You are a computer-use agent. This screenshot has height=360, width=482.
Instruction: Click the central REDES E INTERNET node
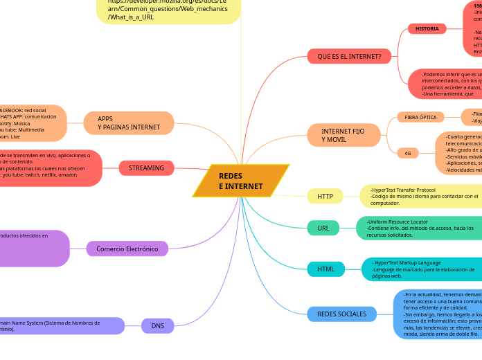[x=240, y=181]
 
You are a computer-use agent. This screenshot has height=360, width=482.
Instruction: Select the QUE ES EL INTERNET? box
[x=349, y=55]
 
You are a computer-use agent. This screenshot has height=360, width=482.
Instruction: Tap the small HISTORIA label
[x=427, y=29]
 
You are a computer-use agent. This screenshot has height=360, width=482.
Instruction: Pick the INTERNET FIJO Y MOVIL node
[x=344, y=135]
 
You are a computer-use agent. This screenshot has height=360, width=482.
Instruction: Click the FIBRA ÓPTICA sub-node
[x=420, y=118]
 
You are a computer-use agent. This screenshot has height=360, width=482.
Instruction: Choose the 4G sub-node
[x=407, y=153]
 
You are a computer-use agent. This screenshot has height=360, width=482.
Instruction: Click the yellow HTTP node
[x=325, y=197]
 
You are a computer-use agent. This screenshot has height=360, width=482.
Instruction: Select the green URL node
[x=323, y=228]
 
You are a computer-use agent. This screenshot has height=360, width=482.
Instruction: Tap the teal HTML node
[x=325, y=269]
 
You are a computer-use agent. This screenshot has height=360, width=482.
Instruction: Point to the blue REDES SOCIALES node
[x=341, y=314]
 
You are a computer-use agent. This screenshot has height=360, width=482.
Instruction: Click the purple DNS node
[x=158, y=325]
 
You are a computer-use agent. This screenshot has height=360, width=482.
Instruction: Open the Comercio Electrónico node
[x=127, y=249]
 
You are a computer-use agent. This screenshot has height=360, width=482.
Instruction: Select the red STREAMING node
[x=146, y=168]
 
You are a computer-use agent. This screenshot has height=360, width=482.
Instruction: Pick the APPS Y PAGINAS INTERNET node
[x=129, y=123]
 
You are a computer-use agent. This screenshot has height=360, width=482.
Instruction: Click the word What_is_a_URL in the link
[x=131, y=17]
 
